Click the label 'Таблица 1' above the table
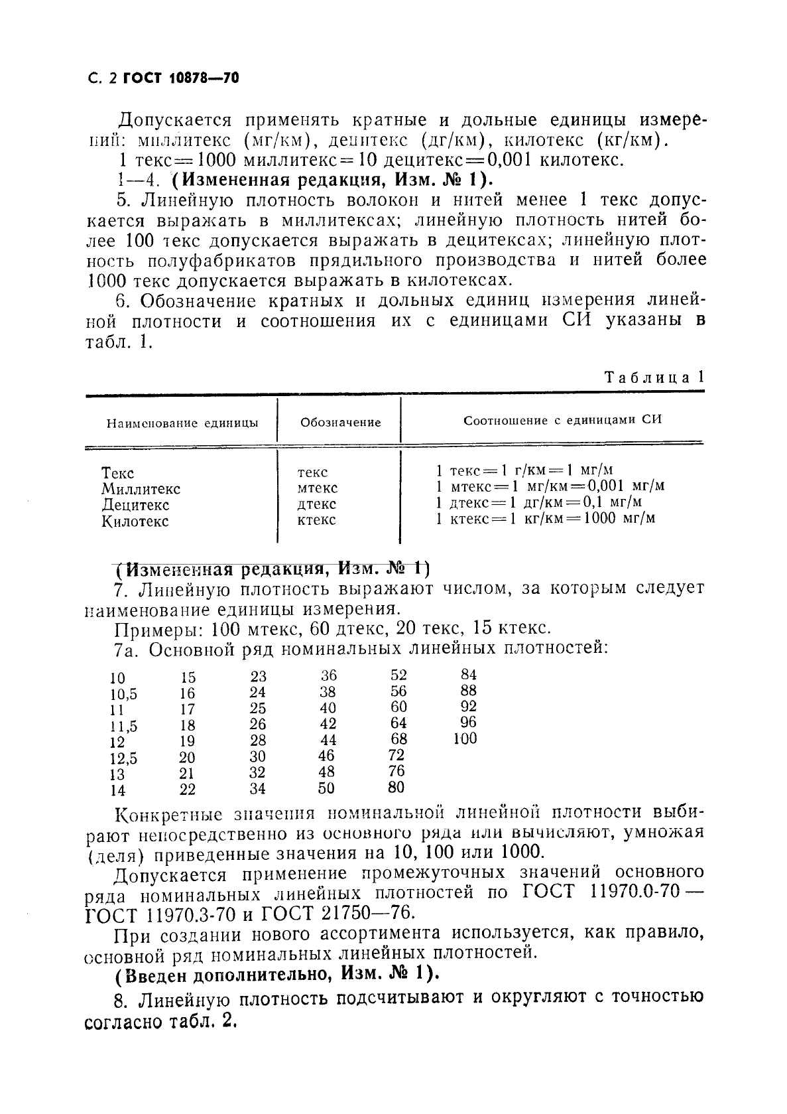click(654, 378)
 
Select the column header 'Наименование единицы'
click(182, 423)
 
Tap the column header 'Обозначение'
click(340, 423)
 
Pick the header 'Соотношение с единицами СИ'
click(562, 420)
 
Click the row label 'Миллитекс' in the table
click(141, 489)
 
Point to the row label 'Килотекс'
click(135, 521)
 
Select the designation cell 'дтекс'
click(317, 504)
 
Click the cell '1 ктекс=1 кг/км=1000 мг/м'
click(545, 518)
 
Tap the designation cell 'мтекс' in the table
click(318, 488)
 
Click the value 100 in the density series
click(465, 738)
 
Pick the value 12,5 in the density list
click(123, 758)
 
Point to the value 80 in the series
click(396, 788)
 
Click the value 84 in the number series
click(468, 675)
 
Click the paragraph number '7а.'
click(126, 649)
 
